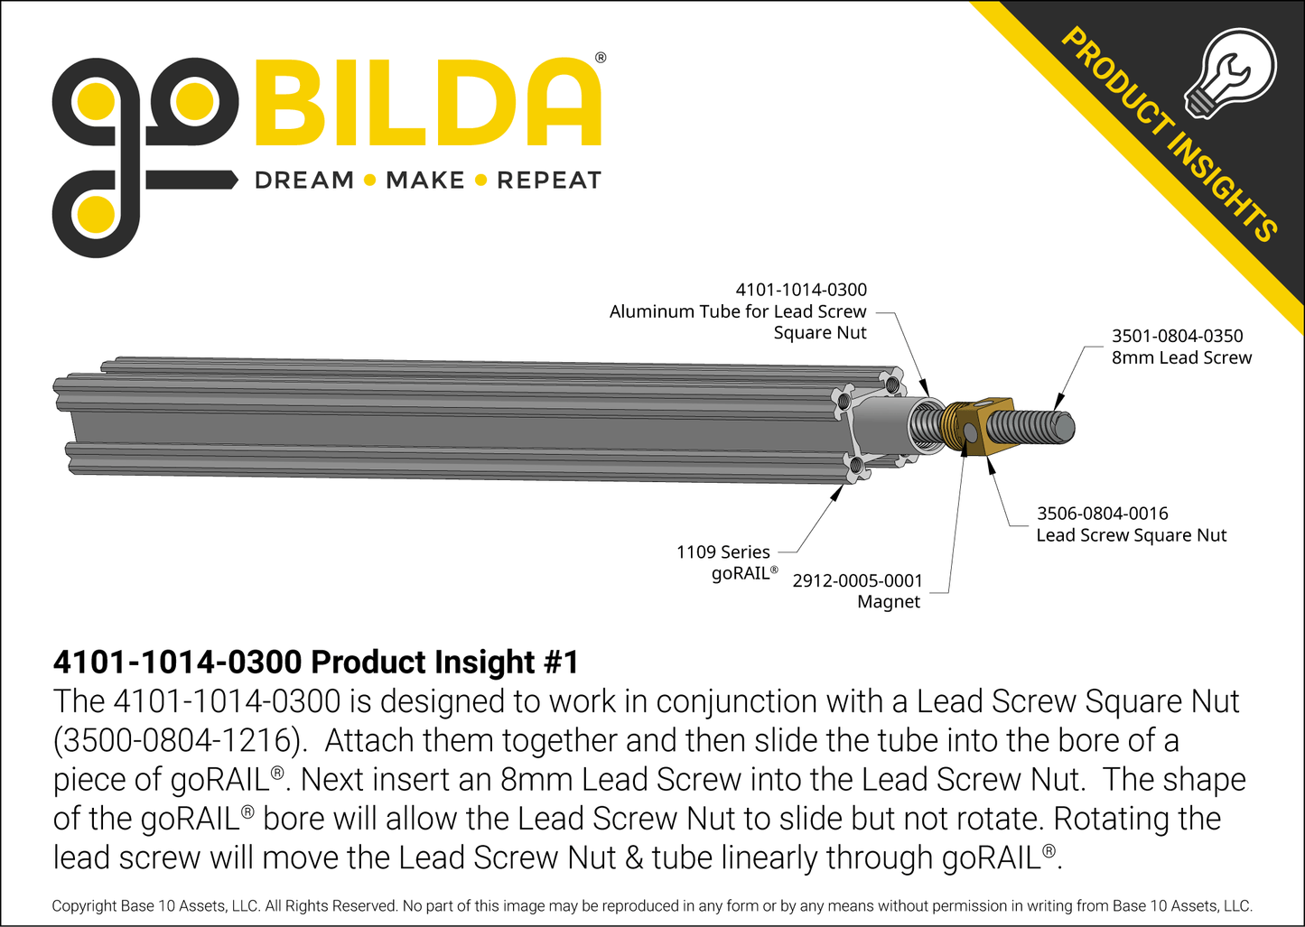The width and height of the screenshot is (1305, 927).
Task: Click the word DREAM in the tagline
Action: pos(304,181)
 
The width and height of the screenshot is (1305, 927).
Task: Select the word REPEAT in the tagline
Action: pos(549,181)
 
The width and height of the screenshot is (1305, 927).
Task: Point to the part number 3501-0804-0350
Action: pos(1177,336)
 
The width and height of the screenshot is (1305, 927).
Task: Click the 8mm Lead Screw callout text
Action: pos(1181,357)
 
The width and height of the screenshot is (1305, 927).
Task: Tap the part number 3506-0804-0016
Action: pos(1102,514)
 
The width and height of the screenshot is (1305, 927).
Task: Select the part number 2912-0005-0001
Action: pos(857,580)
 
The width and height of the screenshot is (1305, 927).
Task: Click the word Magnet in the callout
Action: pos(888,602)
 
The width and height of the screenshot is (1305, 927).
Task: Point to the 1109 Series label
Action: pos(722,552)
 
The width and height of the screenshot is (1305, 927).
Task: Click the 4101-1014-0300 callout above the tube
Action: pos(800,290)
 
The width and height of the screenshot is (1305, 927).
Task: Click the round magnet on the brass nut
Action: pos(970,433)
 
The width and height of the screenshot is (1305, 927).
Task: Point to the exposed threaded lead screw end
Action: pos(1039,426)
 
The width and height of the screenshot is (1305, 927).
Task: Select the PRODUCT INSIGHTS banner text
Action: pos(1169,135)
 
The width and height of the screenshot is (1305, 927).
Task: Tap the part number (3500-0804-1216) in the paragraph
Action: pos(176,740)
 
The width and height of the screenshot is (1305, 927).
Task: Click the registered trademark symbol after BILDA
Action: pos(601,58)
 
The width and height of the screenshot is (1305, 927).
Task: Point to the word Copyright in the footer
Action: pos(84,905)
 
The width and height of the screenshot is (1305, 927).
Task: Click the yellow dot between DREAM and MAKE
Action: pos(369,181)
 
